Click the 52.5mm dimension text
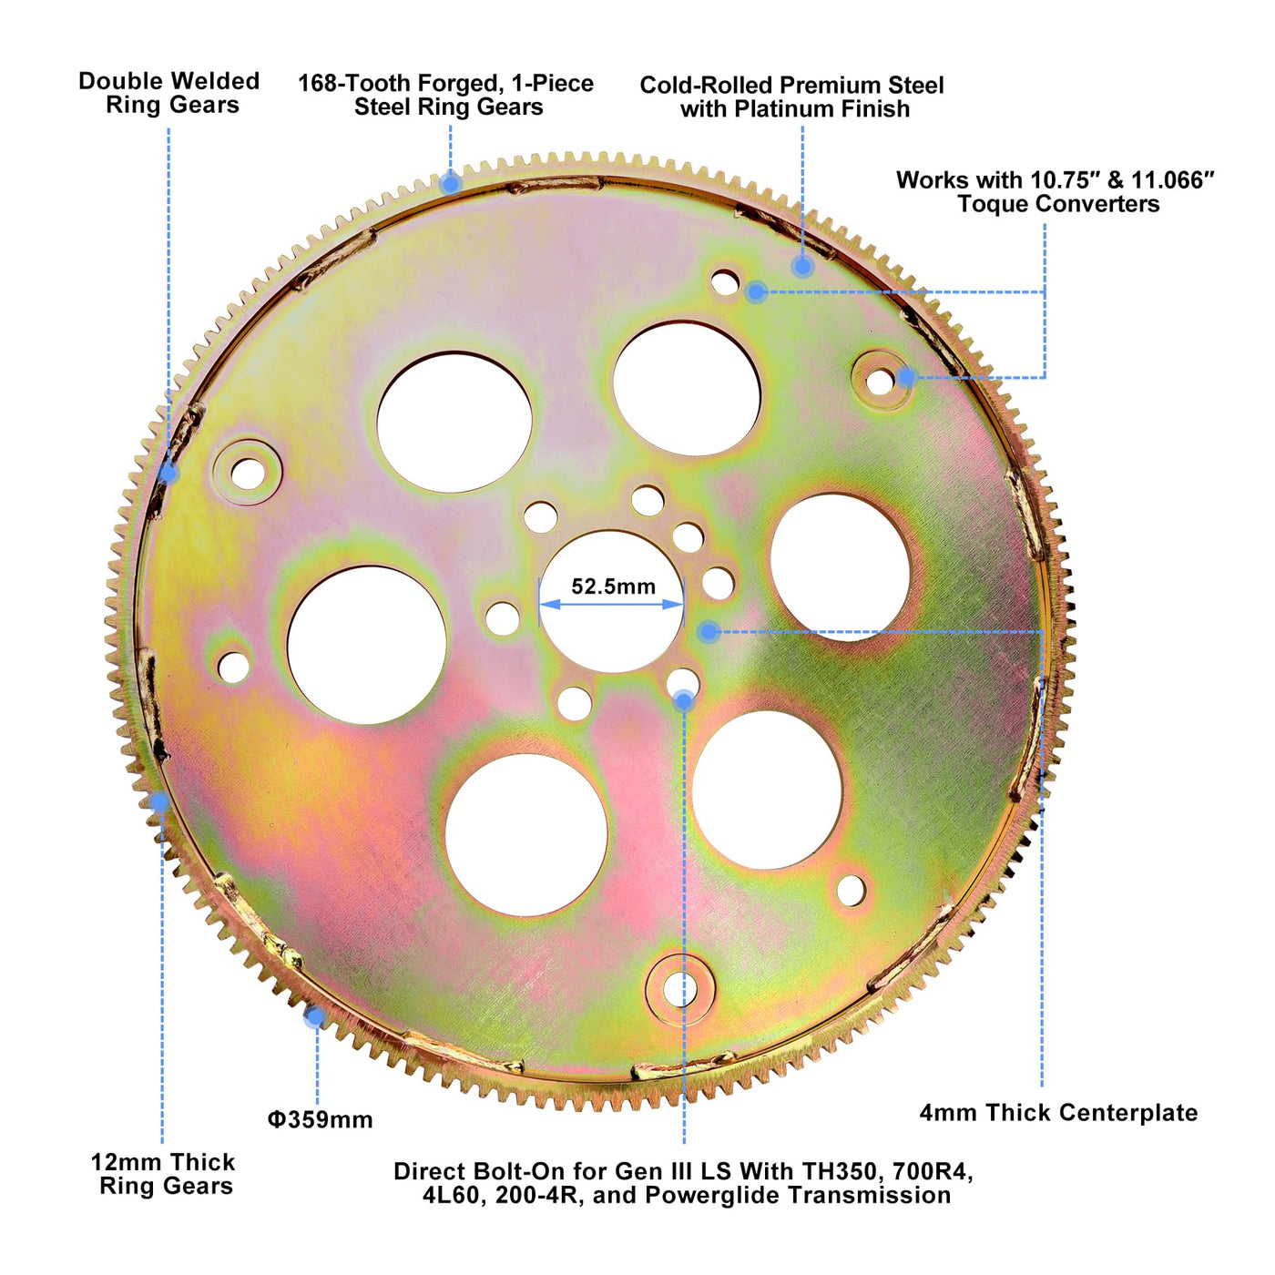613,586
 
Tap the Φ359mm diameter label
320,1119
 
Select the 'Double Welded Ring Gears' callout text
169,93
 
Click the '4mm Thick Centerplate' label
1058,1112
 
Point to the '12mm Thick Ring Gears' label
164,1174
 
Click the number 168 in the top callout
318,84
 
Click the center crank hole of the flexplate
611,628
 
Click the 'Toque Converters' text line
1058,204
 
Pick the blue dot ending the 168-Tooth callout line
450,184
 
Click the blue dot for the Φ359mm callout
314,1016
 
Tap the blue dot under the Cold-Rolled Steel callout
801,266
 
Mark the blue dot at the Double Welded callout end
168,473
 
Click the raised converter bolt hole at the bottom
679,988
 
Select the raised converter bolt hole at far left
248,472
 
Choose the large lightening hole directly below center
525,835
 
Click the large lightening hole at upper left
454,422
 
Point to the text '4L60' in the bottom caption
451,1195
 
